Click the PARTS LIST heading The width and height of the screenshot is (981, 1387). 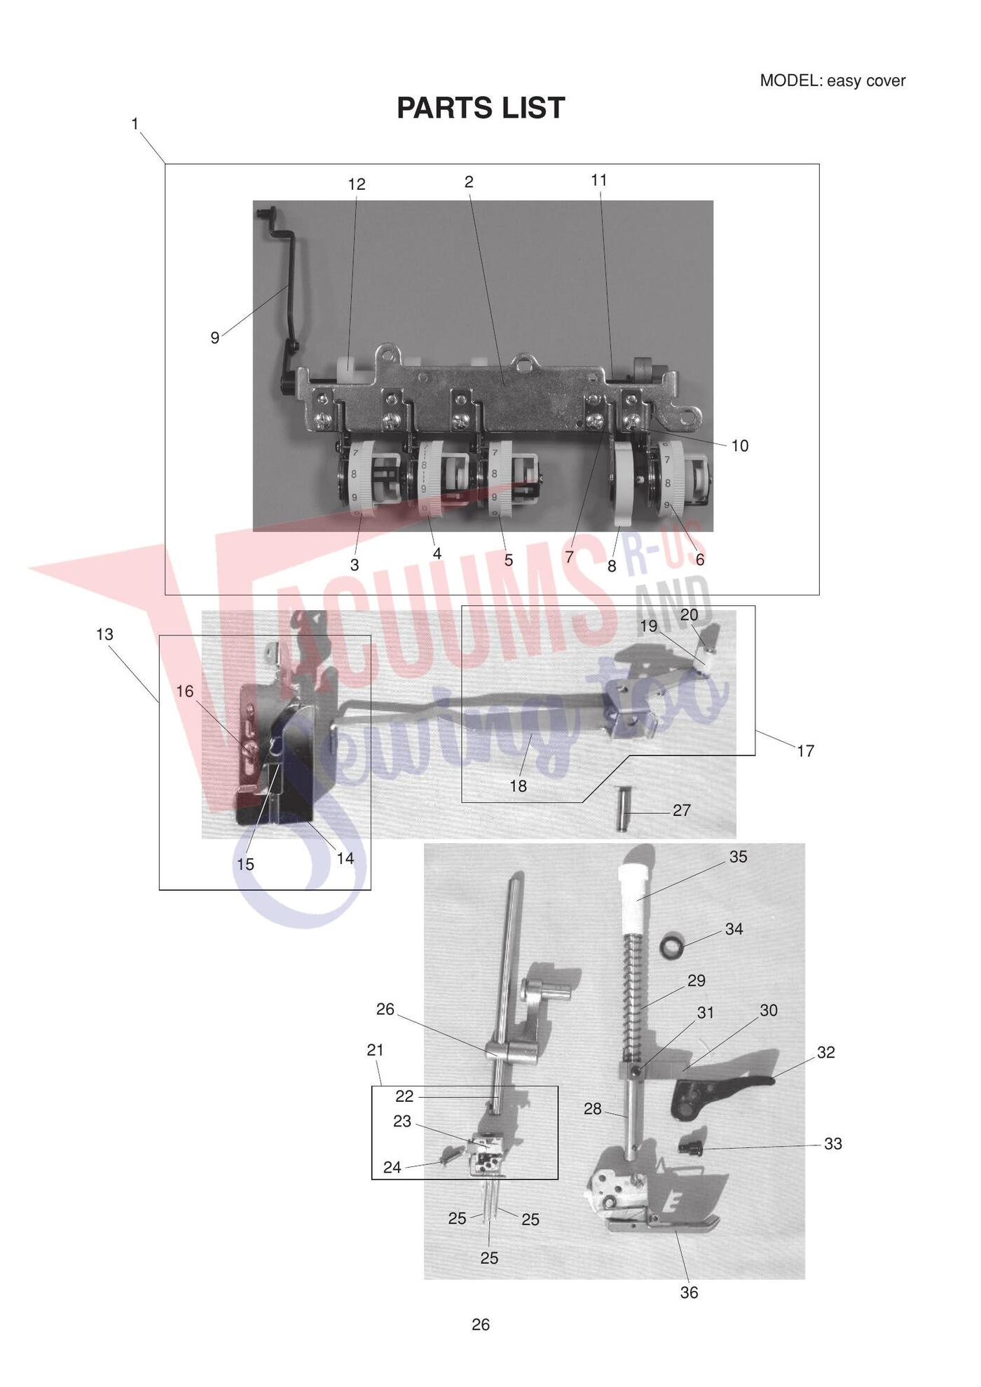pos(481,108)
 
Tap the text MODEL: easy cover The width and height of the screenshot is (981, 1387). pos(832,81)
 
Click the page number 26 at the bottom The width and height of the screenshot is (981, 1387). pos(481,1324)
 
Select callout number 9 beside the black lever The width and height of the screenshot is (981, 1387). pos(215,338)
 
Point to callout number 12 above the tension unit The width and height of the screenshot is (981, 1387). pos(357,184)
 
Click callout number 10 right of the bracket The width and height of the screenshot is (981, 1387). pos(740,446)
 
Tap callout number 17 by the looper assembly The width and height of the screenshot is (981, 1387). pos(806,751)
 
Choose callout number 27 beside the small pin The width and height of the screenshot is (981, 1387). pos(682,810)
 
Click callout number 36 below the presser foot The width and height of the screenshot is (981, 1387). pos(690,1292)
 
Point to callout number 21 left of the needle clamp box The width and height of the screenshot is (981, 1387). pos(376,1050)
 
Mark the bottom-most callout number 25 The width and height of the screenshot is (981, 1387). pos(489,1258)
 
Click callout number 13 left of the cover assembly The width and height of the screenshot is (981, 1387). pos(104,634)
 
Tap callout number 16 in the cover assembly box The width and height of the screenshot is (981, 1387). pos(184,691)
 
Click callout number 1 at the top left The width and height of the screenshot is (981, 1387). pos(135,124)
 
